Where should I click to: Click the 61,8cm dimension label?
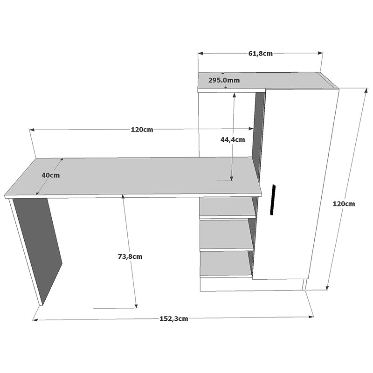[260, 53]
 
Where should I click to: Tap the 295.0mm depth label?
[224, 80]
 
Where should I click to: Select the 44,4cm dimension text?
[233, 139]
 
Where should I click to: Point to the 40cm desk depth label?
[50, 175]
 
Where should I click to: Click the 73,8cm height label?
[130, 256]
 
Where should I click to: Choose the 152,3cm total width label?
[174, 319]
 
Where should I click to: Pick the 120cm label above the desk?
[142, 130]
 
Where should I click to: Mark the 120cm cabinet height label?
[344, 204]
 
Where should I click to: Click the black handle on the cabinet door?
[273, 200]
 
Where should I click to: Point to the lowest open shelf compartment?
[226, 265]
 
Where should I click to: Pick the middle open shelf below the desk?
[227, 235]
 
